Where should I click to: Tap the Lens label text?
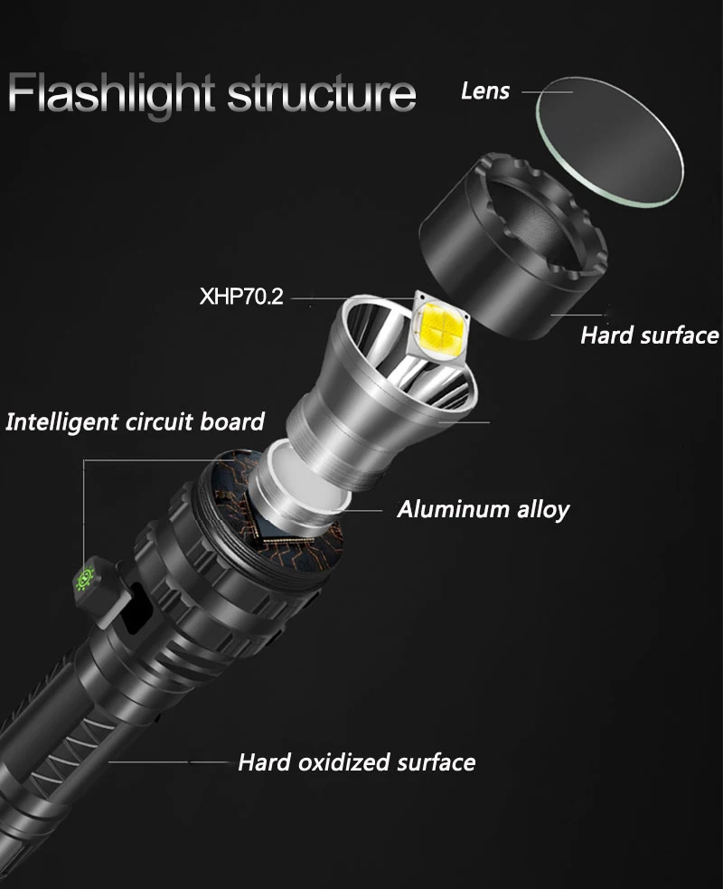[485, 90]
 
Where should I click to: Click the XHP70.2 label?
[241, 297]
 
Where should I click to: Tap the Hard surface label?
[649, 336]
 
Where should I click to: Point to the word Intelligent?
[60, 421]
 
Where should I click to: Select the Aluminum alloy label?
[483, 509]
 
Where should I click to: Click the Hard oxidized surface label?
[356, 762]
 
